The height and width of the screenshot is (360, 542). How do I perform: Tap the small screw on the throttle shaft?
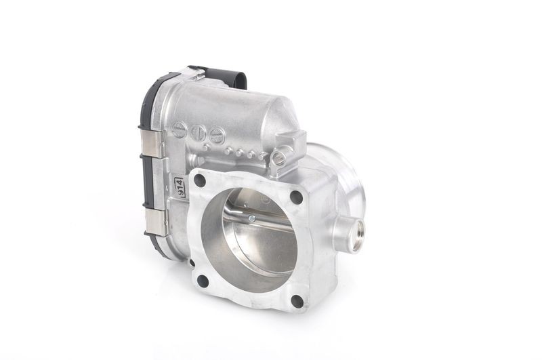pos(251,218)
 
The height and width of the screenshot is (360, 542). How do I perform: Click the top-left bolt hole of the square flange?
pos(200,180)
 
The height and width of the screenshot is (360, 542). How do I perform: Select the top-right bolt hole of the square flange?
pos(296,197)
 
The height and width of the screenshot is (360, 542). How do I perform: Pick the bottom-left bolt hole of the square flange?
pos(203,281)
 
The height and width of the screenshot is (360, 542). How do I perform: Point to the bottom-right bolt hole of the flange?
pos(297,302)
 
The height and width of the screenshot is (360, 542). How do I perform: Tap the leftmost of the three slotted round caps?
pos(179,129)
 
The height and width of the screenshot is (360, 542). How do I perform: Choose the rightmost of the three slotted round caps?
pos(217,135)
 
